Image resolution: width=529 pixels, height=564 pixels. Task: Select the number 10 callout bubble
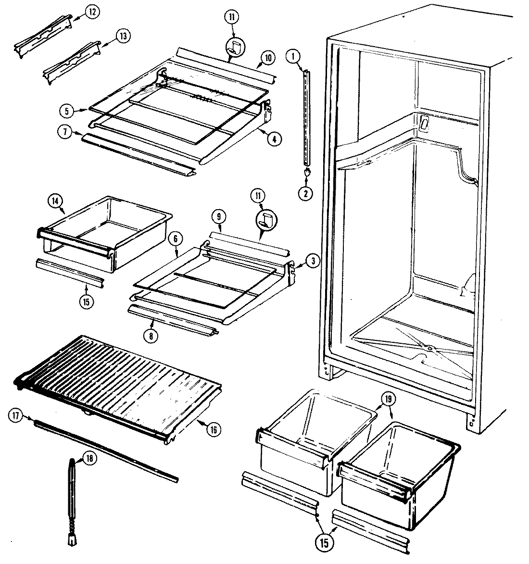coord(267,59)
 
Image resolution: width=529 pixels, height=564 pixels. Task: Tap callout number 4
coord(274,140)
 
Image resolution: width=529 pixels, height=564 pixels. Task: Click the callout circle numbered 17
coord(15,417)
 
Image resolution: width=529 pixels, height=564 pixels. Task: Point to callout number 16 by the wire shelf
coord(211,429)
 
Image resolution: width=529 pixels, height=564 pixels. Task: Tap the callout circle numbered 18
coord(88,459)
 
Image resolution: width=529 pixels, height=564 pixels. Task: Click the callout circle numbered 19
coord(388,398)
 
